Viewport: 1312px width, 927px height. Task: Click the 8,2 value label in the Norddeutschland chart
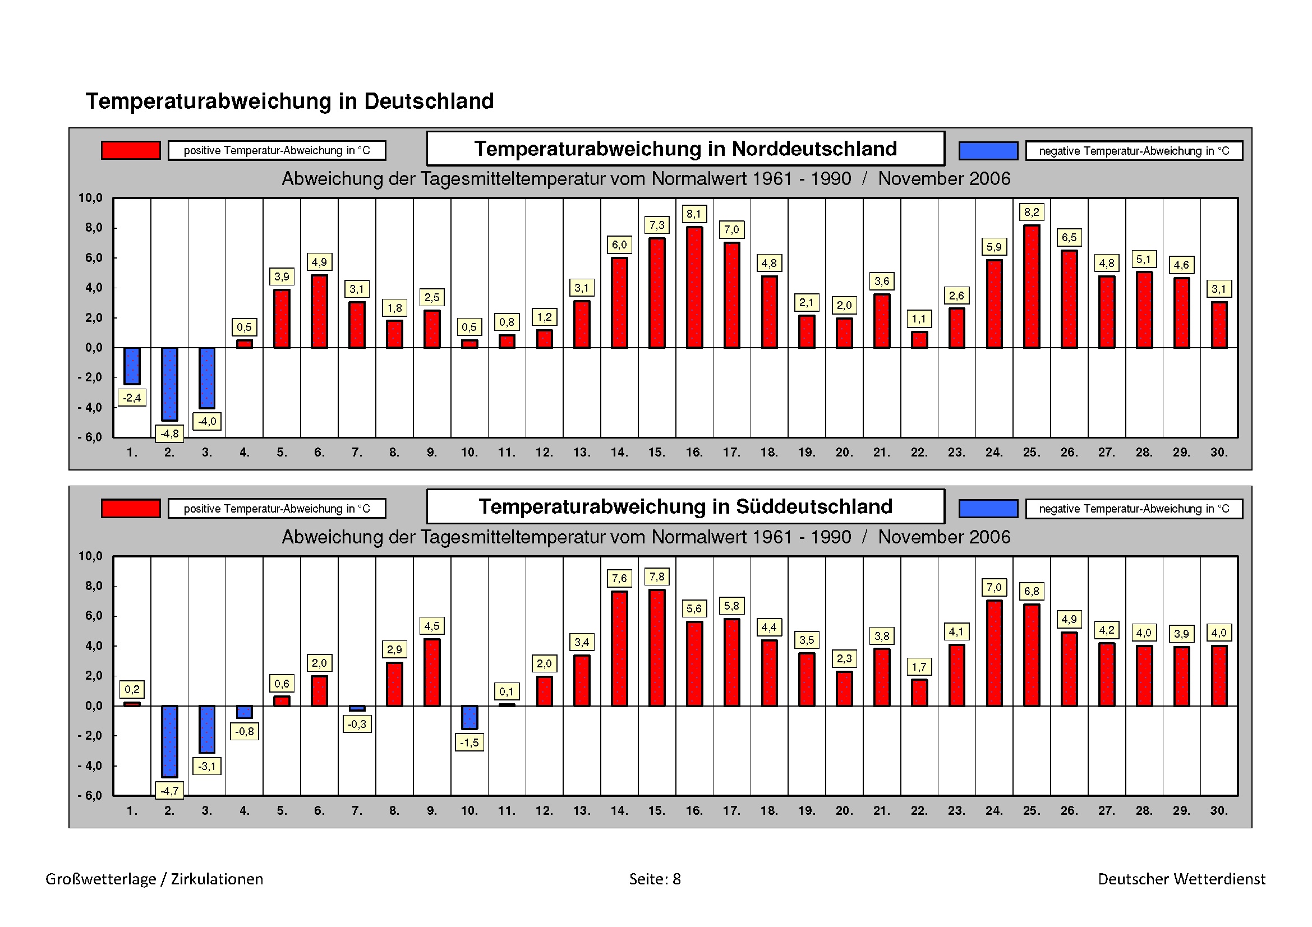(x=1032, y=213)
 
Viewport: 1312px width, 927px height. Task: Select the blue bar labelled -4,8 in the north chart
(x=170, y=384)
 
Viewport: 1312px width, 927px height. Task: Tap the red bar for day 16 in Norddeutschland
(x=694, y=287)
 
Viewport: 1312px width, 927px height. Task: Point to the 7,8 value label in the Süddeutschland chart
(x=657, y=577)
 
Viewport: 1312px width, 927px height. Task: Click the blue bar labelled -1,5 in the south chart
(x=469, y=717)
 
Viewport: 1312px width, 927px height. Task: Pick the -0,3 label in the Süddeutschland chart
(x=357, y=724)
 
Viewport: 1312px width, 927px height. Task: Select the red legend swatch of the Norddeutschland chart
(x=131, y=150)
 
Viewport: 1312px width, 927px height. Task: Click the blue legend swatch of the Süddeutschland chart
(x=988, y=508)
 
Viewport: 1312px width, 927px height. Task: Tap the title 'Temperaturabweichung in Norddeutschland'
(x=685, y=149)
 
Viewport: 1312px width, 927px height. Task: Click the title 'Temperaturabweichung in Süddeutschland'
(x=685, y=506)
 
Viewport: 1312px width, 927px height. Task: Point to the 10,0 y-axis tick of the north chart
(x=90, y=198)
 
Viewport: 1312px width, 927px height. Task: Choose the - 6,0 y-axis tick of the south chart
(x=90, y=796)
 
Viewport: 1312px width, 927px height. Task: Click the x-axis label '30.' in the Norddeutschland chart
(x=1219, y=453)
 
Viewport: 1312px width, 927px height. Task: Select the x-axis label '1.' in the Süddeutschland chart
(x=132, y=810)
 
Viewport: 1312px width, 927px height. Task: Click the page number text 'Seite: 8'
(x=655, y=879)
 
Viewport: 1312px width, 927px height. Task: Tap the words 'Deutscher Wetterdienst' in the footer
(x=1181, y=879)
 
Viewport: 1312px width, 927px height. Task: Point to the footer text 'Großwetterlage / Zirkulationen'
(x=154, y=879)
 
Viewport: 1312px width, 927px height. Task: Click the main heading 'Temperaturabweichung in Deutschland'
(x=289, y=101)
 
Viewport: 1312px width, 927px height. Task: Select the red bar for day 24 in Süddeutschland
(x=995, y=653)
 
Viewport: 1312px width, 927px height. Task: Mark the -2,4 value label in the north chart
(x=132, y=398)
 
